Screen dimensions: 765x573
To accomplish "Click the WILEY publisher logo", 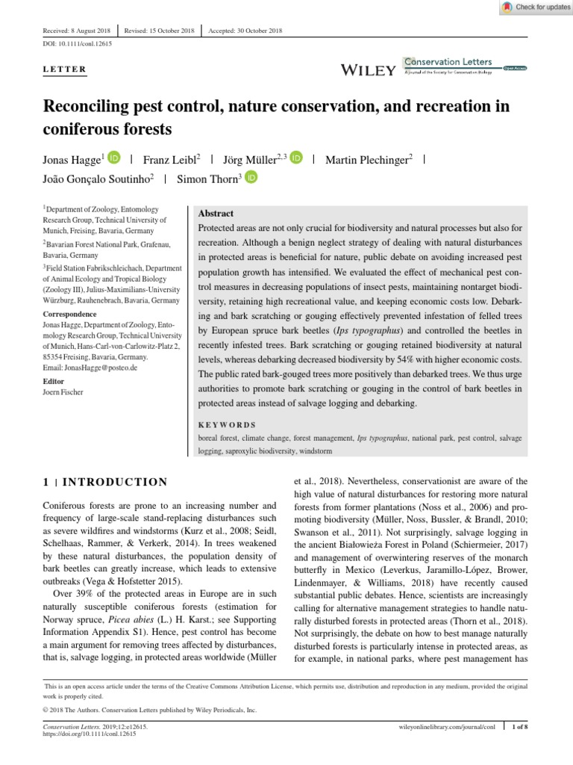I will tap(367, 70).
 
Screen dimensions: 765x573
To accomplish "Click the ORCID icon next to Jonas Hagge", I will tap(114, 158).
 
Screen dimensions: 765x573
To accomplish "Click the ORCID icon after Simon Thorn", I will tap(251, 178).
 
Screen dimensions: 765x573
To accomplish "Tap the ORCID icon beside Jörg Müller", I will tap(296, 158).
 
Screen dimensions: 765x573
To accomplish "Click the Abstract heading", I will tap(216, 213).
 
